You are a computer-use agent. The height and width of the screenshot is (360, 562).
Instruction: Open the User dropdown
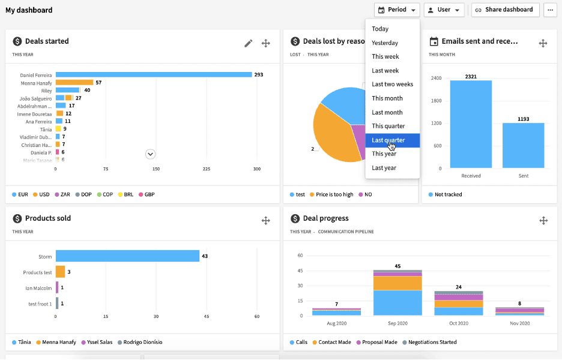(444, 10)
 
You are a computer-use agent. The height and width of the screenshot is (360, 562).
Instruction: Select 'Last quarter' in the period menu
(388, 140)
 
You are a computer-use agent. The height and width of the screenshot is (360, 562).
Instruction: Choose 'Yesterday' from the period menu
(385, 43)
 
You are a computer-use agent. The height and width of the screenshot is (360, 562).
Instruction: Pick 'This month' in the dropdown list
(387, 98)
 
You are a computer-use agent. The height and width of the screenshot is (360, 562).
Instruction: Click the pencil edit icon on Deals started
(248, 43)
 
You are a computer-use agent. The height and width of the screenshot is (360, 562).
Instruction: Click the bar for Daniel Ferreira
(154, 75)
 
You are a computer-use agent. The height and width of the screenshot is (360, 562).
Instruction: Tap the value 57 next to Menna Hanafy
(98, 83)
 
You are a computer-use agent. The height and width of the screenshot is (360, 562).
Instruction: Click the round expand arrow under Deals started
(151, 154)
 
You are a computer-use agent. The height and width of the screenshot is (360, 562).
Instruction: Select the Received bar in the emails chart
(471, 124)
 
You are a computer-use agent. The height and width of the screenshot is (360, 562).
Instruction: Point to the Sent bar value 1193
(524, 119)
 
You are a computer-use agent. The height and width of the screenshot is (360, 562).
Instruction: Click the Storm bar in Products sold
(127, 256)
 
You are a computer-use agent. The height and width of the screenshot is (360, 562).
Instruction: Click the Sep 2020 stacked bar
(397, 293)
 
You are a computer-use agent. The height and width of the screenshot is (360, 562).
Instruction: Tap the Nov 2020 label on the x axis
(519, 323)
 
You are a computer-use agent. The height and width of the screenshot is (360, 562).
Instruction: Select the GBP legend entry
(147, 194)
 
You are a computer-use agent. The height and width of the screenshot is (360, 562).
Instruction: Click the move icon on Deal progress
(543, 221)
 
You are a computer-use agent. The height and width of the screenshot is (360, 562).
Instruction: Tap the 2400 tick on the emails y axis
(435, 78)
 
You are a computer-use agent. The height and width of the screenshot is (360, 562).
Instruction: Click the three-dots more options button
(550, 10)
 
